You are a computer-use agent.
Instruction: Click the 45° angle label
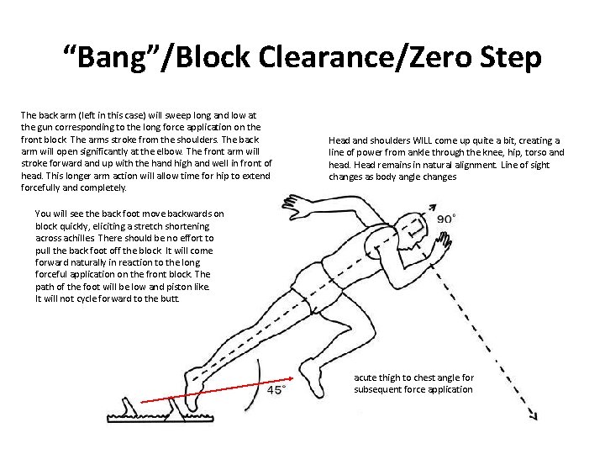[276, 390]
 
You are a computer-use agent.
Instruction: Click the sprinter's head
[421, 228]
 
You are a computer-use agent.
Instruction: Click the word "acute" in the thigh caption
[366, 378]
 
